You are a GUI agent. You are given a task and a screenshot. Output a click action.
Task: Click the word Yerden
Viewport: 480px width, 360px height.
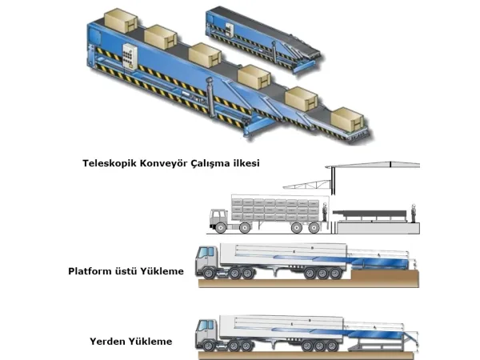click(107, 342)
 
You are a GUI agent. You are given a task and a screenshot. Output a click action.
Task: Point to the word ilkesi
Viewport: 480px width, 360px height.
click(246, 163)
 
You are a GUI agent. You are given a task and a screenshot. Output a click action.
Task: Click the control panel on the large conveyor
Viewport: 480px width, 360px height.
click(130, 57)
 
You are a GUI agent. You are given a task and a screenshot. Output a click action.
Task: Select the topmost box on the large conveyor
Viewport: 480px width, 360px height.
click(121, 20)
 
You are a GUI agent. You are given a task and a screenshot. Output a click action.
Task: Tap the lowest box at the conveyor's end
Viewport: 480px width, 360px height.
click(347, 119)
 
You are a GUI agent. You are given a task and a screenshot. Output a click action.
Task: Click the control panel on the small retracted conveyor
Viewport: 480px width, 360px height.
click(230, 30)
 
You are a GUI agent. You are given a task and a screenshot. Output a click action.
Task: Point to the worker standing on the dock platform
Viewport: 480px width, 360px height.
click(414, 213)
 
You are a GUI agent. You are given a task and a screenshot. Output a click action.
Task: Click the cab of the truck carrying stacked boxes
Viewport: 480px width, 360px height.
click(218, 218)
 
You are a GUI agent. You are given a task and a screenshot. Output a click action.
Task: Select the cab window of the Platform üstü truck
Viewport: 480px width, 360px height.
click(205, 253)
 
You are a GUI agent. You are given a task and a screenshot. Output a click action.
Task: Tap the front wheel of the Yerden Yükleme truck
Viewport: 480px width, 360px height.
click(208, 346)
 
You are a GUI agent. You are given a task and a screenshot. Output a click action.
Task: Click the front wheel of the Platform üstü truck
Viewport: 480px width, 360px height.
click(209, 273)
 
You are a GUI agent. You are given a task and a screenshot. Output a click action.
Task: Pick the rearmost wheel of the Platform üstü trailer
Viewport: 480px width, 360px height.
click(335, 273)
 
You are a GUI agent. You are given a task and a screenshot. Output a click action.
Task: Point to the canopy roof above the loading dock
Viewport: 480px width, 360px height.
click(373, 165)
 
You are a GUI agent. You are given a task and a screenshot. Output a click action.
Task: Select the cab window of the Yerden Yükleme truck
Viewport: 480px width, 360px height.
click(205, 325)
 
